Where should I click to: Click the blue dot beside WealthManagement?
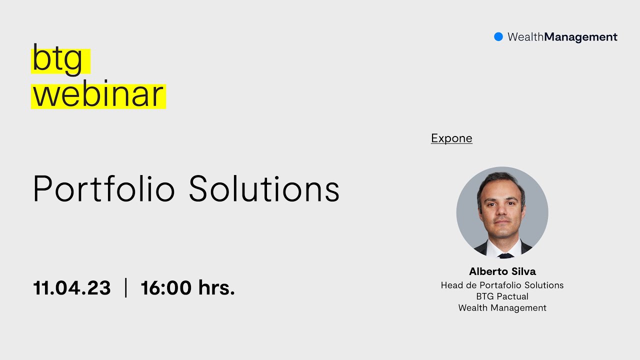tap(498, 36)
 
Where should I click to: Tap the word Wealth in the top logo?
tap(525, 37)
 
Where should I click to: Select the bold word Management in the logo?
tap(580, 37)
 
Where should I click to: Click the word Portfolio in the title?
tap(103, 189)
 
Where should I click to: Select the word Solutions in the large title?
tap(264, 189)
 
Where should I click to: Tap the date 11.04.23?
tap(71, 288)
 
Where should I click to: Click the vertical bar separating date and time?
tap(125, 288)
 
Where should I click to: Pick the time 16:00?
tap(166, 288)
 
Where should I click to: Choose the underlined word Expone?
tap(451, 138)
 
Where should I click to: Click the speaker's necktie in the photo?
tap(506, 255)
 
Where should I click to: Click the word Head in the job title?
tap(451, 285)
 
